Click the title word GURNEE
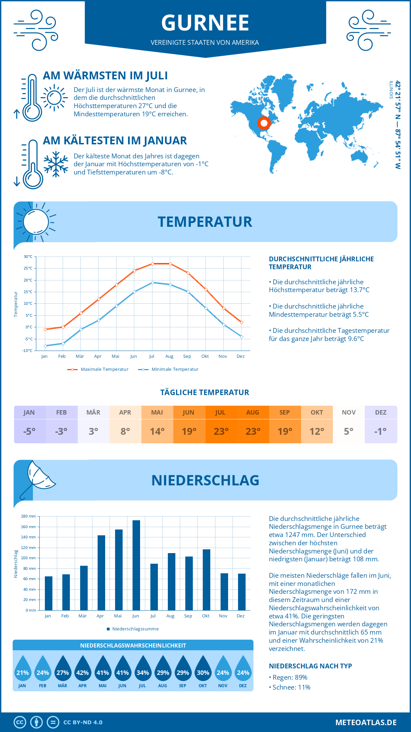point(205,23)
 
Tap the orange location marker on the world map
point(264,123)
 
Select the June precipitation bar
point(136,565)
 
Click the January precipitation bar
point(49,593)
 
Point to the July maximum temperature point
point(152,264)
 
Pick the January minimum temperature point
point(45,346)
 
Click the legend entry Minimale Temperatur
point(175,369)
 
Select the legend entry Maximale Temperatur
point(104,369)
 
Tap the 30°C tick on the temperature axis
point(28,257)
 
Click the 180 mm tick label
point(28,516)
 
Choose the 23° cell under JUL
point(221,431)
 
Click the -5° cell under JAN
point(29,431)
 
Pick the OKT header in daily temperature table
point(316,413)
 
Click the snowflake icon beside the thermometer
point(56,164)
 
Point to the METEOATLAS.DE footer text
point(366,722)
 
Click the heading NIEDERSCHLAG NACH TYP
point(310,666)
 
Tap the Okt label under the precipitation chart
point(206,616)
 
